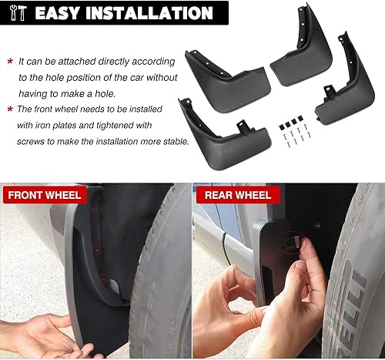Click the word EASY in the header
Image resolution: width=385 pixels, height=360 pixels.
(x=64, y=12)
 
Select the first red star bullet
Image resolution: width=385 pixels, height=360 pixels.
(x=10, y=60)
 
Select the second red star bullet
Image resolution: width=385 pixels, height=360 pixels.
(x=10, y=109)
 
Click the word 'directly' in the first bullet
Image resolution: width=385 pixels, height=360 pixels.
(x=110, y=60)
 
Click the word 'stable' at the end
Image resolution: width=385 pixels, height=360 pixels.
(x=171, y=141)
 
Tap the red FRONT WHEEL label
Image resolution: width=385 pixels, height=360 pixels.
(x=45, y=194)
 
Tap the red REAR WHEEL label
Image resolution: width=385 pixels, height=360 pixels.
(x=237, y=194)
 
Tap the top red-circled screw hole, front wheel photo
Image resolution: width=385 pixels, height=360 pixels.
(x=94, y=207)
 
